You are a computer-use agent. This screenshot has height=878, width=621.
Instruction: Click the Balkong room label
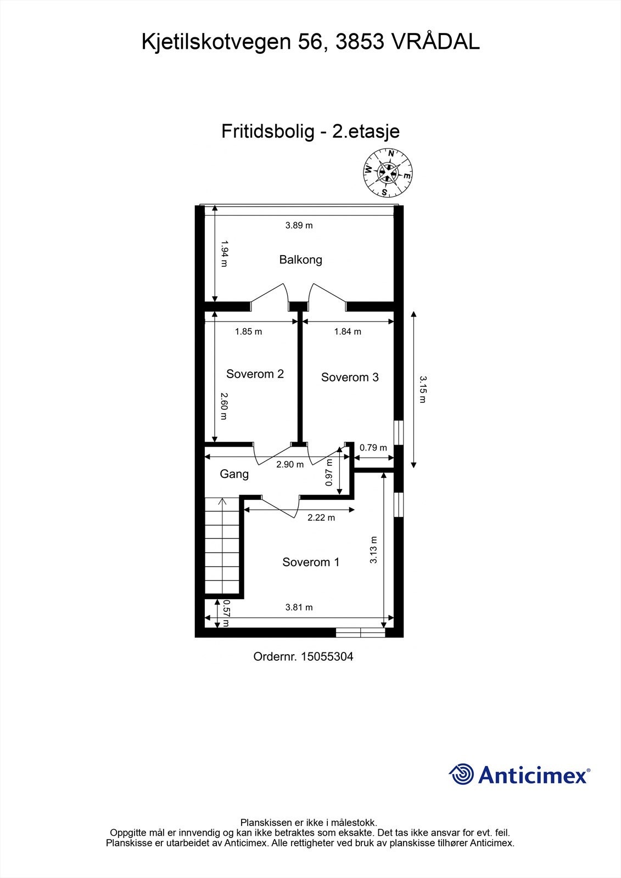(300, 260)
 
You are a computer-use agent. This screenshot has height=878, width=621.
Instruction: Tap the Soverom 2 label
(255, 374)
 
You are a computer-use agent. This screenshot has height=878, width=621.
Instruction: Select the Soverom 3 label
(350, 377)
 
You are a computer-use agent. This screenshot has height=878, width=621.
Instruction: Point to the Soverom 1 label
(311, 562)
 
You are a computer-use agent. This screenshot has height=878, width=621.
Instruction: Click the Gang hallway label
(234, 474)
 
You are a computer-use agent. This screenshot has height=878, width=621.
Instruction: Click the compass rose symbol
(388, 173)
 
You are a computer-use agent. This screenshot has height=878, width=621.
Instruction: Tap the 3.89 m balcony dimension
(299, 225)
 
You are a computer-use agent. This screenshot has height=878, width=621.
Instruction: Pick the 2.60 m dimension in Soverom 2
(223, 406)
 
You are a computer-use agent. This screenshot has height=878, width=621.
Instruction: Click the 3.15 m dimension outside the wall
(422, 389)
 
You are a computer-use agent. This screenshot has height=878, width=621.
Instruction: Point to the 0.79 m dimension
(373, 447)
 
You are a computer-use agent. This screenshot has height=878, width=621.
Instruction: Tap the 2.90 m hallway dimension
(290, 464)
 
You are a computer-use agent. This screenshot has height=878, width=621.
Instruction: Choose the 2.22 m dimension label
(321, 517)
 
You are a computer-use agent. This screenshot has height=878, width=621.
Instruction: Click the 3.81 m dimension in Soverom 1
(299, 607)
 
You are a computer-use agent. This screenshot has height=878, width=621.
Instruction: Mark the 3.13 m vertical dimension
(374, 550)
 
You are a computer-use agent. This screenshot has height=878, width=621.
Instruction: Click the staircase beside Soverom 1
(222, 545)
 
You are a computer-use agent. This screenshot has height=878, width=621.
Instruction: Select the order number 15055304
(303, 656)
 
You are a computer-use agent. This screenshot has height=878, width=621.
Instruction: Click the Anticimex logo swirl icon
(461, 774)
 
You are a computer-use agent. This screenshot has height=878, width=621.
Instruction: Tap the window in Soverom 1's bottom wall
(360, 633)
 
